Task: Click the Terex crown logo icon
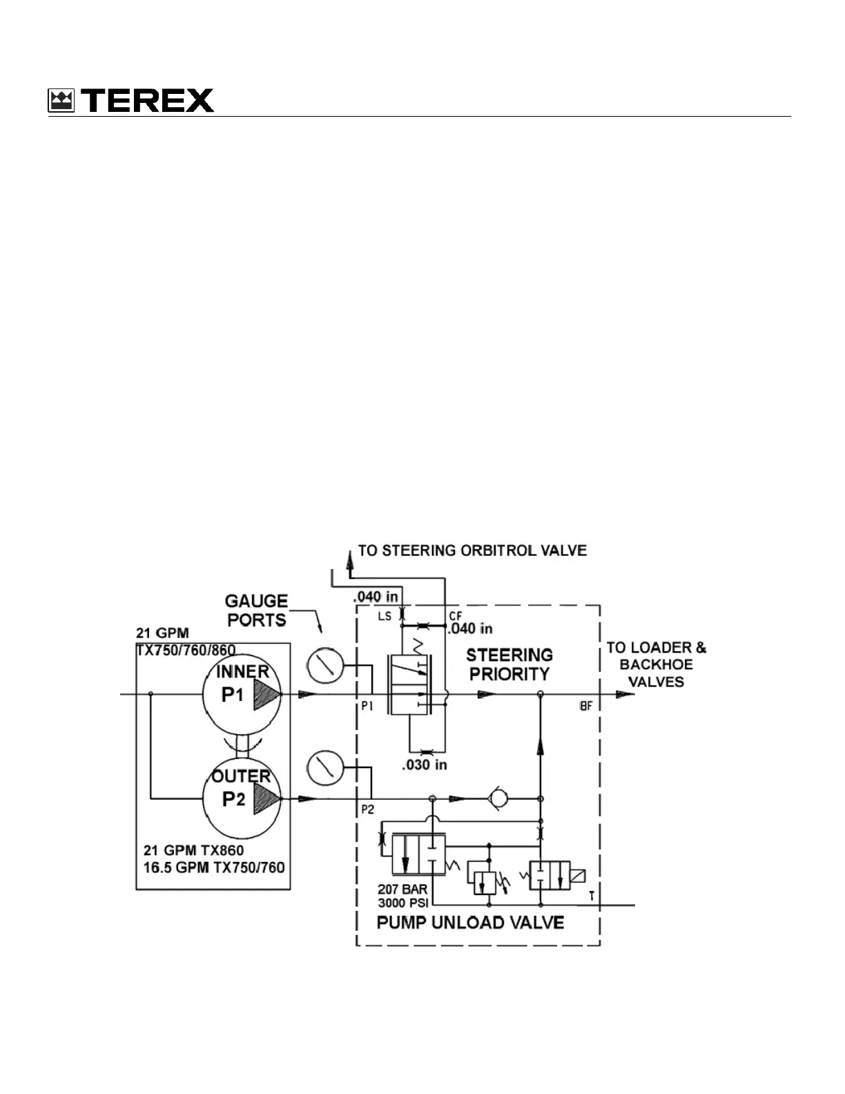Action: click(x=61, y=101)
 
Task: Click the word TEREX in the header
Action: click(x=150, y=101)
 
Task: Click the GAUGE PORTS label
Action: click(x=257, y=611)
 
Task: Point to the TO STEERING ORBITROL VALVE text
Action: click(x=472, y=550)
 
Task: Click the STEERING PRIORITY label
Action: click(x=509, y=664)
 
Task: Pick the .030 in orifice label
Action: click(x=424, y=765)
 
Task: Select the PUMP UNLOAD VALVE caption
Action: click(x=470, y=923)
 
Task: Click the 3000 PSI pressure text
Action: click(x=402, y=903)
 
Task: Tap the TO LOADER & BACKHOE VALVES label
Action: click(x=656, y=664)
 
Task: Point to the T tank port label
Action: click(x=591, y=896)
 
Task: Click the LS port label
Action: click(x=385, y=615)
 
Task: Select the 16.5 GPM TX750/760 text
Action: click(x=214, y=867)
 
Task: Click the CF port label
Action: click(x=455, y=615)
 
